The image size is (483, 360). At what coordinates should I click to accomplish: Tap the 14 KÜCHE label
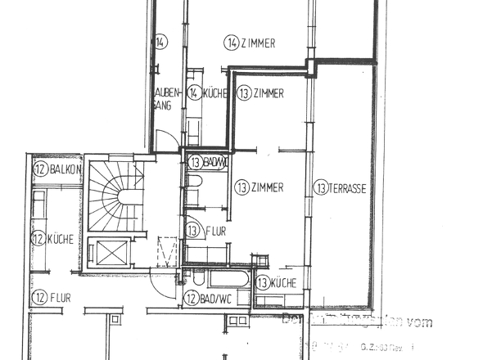(207, 94)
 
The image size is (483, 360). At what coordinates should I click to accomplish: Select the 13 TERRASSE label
(340, 189)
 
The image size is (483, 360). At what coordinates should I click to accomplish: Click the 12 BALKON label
(56, 169)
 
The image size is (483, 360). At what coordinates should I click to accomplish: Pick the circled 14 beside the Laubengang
(161, 43)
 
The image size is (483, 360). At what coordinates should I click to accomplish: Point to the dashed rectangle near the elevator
(168, 250)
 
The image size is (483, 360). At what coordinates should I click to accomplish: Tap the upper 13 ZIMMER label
(260, 94)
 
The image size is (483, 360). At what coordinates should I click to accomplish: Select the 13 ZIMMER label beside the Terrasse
(260, 188)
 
